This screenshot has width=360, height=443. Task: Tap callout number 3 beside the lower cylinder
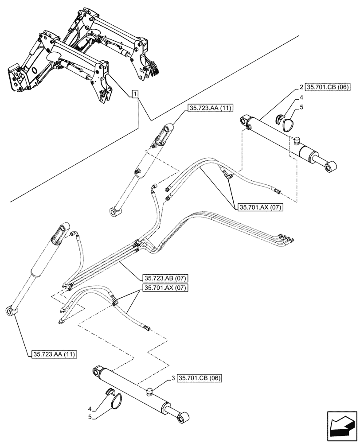pos(172,378)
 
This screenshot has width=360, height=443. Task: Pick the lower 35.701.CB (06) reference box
pos(200,378)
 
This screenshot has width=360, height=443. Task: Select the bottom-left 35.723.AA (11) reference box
pos(54,354)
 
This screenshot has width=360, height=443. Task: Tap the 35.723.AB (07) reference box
pos(165,278)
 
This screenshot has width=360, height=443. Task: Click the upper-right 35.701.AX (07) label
pos(260,206)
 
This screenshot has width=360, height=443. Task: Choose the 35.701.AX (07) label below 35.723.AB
pos(165,288)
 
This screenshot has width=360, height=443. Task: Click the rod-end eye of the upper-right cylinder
pos(331,167)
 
